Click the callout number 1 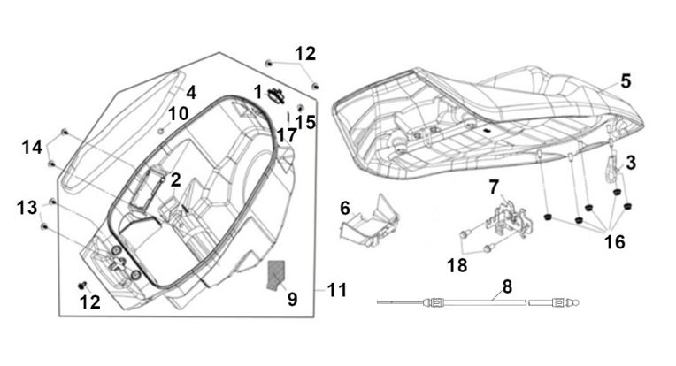pos(258,91)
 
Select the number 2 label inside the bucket pos(176,179)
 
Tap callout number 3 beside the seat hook pos(631,162)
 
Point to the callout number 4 pos(190,91)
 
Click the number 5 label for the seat pos(626,81)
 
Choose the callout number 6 pos(345,208)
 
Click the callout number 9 pos(293,299)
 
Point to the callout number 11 pos(336,289)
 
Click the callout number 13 pos(27,207)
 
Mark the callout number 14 pos(33,147)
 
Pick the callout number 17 pos(286,136)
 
